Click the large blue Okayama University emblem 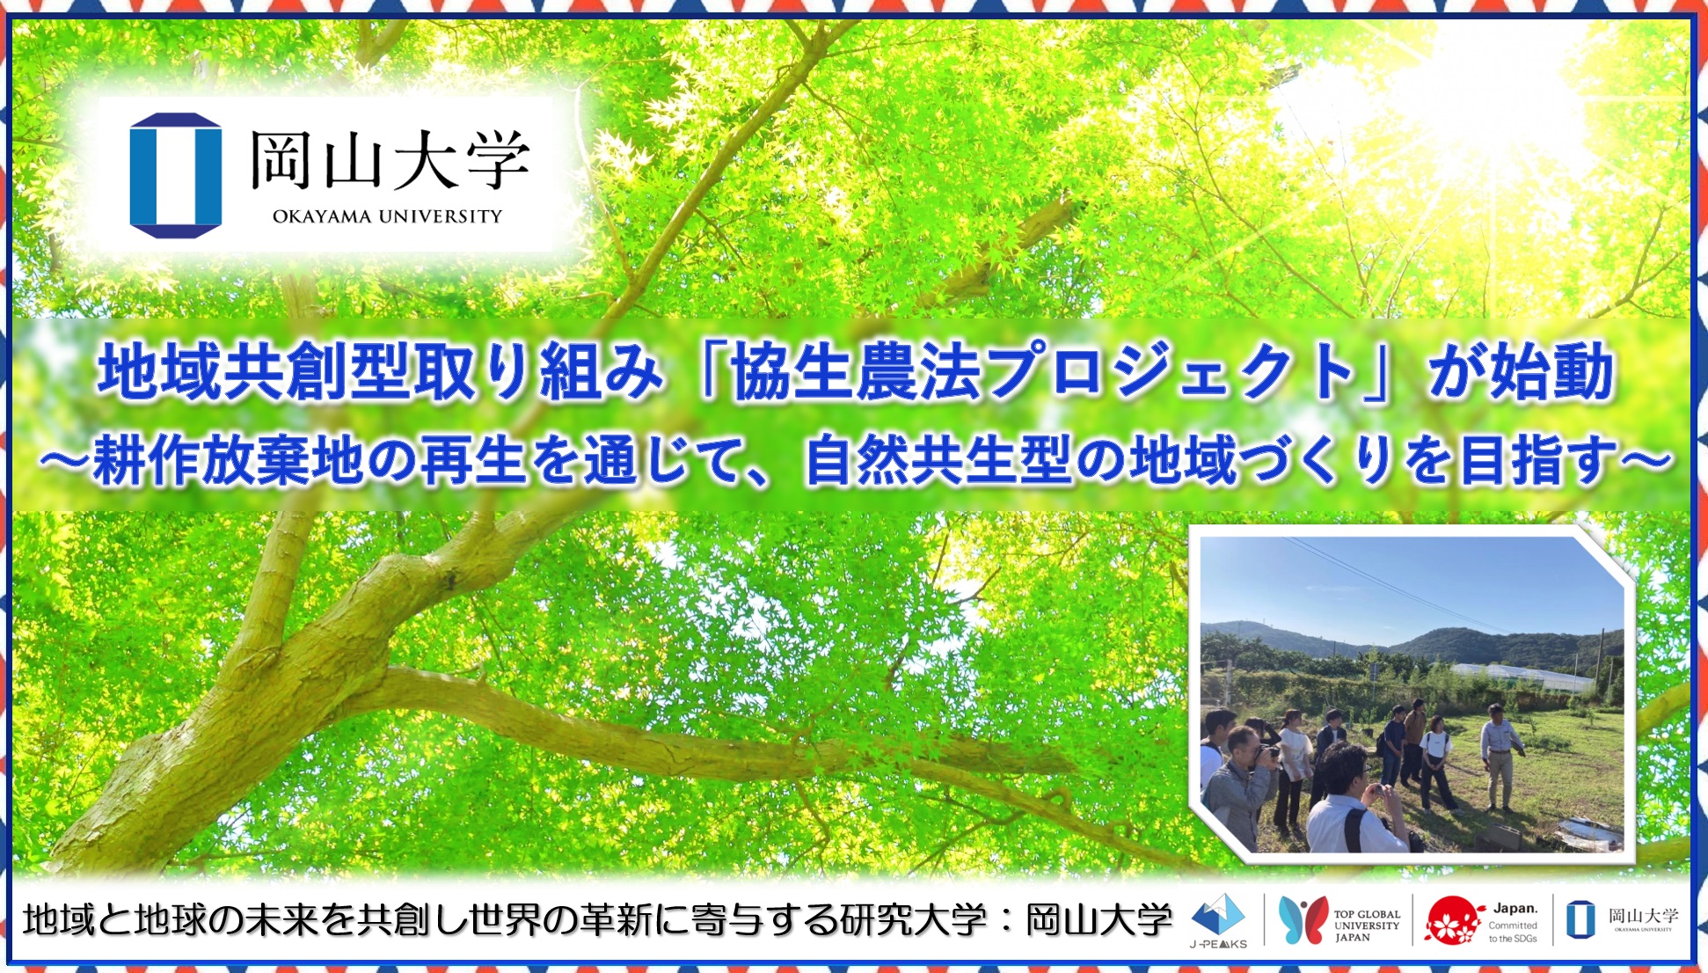point(176,175)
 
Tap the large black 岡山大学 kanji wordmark point(390,160)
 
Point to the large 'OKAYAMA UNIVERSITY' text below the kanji point(387,216)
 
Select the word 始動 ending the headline point(1551,372)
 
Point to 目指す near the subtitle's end point(1537,460)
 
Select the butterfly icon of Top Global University point(1303,920)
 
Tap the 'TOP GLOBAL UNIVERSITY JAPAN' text point(1367,925)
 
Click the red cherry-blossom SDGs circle point(1452,921)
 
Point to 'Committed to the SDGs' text point(1513,932)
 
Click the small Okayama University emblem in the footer point(1580,919)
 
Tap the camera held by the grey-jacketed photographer point(1267,754)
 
